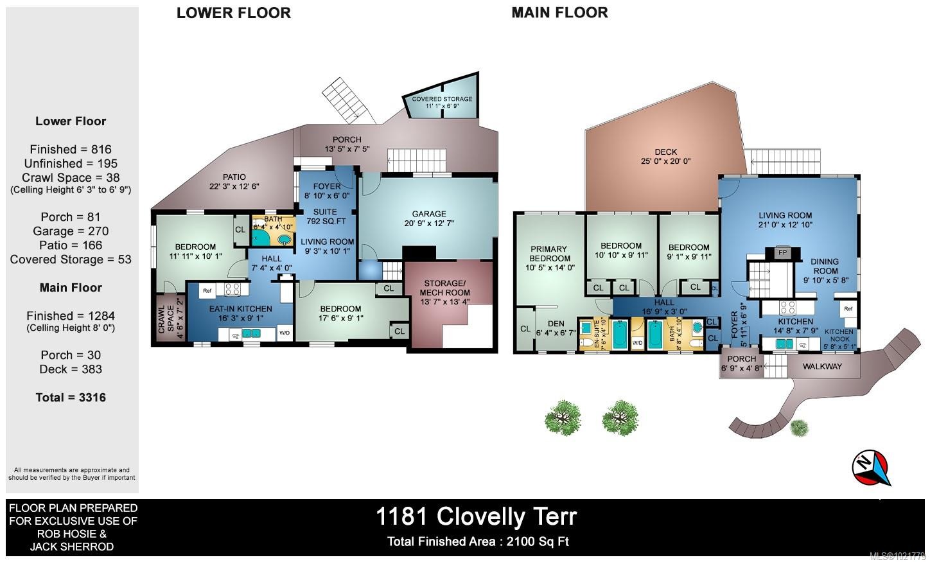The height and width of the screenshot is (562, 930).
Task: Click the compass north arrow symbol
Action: point(872,468)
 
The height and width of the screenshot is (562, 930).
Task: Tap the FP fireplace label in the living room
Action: point(782,252)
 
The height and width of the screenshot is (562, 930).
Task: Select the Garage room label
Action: point(429,214)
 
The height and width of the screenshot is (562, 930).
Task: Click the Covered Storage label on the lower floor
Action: point(442,99)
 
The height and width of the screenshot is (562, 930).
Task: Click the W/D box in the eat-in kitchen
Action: point(284,333)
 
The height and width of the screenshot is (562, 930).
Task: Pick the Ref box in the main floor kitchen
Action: point(848,309)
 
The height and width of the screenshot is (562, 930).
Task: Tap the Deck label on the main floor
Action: point(666,152)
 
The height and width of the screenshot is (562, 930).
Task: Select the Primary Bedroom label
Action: point(549,253)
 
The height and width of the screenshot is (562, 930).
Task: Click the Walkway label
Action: point(823,367)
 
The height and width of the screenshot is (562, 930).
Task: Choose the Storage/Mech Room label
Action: point(444,288)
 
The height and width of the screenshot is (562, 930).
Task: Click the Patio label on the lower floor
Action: point(234,177)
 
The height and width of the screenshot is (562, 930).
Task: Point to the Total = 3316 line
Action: point(71,398)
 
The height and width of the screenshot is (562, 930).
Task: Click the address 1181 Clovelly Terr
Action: point(477,516)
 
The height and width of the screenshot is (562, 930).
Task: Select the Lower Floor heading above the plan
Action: point(234,13)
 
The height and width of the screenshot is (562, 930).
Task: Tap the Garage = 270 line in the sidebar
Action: point(71,231)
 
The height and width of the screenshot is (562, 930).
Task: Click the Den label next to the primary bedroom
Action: point(556,324)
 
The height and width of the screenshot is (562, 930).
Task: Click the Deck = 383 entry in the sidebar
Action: point(71,369)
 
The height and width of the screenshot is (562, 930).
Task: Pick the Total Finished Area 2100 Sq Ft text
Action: point(478,541)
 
